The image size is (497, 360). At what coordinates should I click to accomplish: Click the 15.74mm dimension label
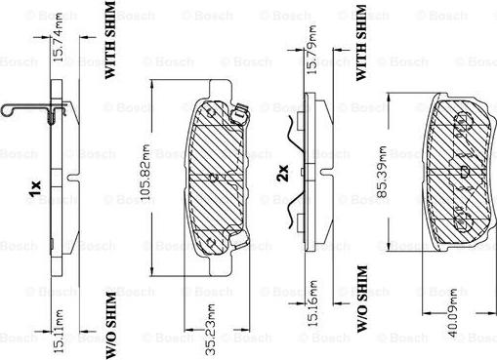point(58,37)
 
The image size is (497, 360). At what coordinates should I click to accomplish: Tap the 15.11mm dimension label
point(58,331)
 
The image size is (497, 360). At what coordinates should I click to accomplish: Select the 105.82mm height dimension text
point(145,172)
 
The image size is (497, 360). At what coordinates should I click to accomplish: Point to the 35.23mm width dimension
point(210,330)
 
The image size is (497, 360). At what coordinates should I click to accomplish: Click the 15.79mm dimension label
point(311,50)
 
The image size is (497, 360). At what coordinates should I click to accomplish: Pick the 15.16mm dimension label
point(312,303)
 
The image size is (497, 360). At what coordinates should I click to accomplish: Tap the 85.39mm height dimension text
point(383,172)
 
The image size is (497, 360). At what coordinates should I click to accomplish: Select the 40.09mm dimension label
point(452,312)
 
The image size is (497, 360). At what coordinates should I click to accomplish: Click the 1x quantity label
point(35,188)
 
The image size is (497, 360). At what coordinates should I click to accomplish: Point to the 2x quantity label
point(282,173)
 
